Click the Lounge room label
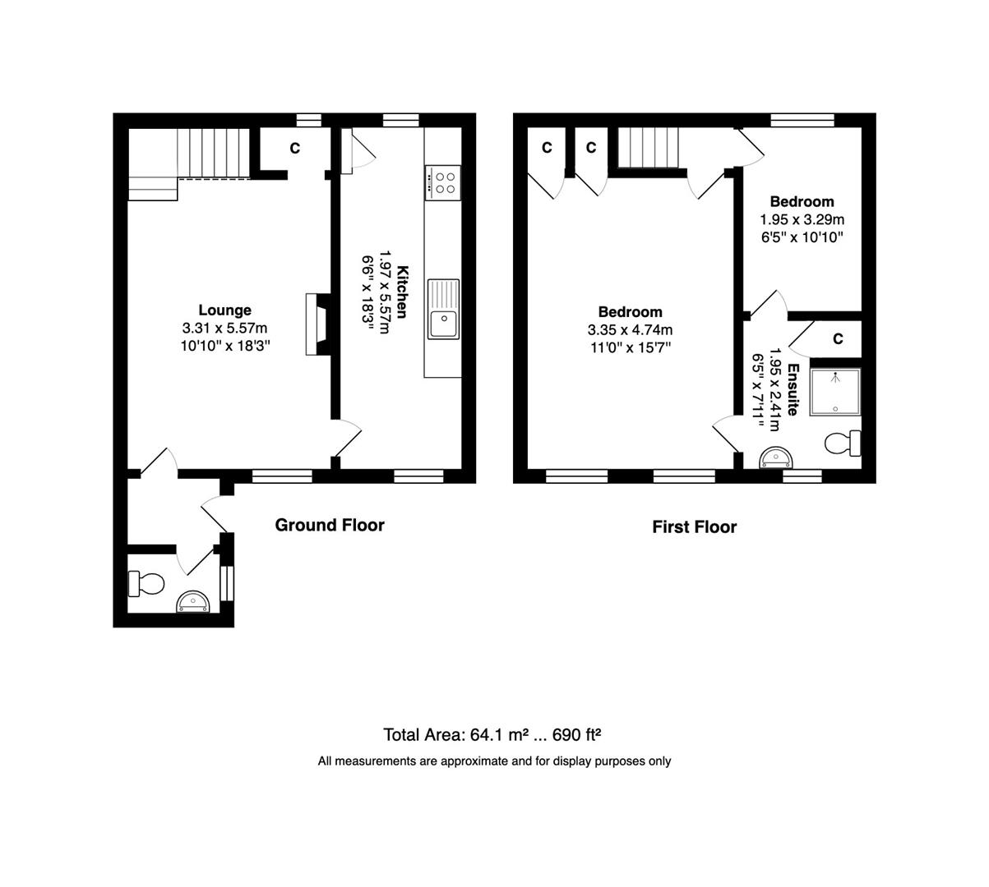coord(224,310)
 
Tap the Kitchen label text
coord(402,292)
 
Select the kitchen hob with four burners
coord(442,182)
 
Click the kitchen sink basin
coord(443,309)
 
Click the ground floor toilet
coord(146,583)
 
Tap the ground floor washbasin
coord(193,601)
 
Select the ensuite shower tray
coord(834,392)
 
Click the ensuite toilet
coord(843,443)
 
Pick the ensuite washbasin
coord(776,458)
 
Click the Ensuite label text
coord(793,389)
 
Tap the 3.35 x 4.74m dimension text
coord(630,330)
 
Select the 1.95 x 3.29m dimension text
coord(802,219)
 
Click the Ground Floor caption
coord(330,525)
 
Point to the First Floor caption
coord(694,527)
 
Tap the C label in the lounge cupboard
coord(295,148)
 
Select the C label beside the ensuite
coord(839,338)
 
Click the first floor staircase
coord(649,147)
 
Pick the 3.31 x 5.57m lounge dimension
coord(224,329)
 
